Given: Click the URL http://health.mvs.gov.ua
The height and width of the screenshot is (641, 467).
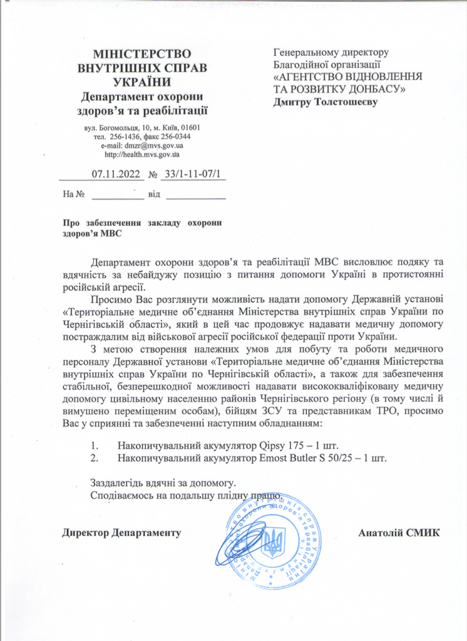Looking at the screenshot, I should [x=142, y=154].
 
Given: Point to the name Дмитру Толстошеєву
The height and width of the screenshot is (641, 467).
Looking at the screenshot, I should [x=326, y=101].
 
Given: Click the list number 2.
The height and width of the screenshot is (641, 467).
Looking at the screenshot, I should [x=95, y=458].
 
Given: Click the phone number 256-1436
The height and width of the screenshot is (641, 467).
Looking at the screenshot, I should [x=128, y=136].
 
